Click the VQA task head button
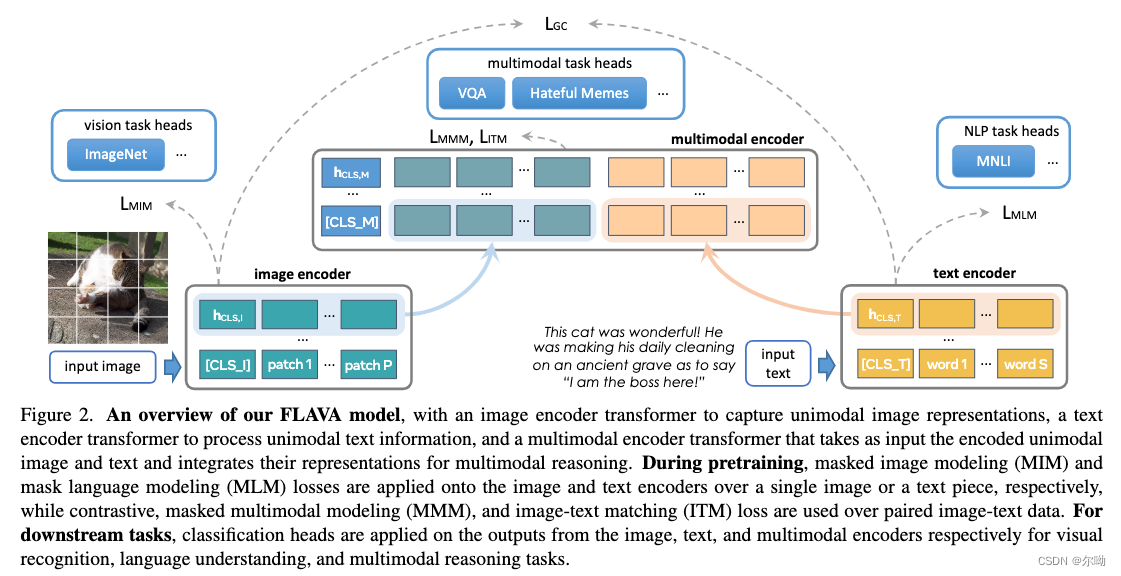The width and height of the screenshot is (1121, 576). coord(471,94)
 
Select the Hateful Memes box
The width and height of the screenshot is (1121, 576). coord(579,94)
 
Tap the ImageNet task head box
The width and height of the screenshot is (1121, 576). coord(115,154)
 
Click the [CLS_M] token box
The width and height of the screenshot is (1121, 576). coord(351,221)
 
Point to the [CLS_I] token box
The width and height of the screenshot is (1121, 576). coord(227,364)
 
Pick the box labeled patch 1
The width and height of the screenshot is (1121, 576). coord(289,364)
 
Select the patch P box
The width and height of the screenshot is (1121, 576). coord(368,364)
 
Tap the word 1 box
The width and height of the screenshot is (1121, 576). coord(946,364)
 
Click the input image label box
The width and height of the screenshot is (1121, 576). coord(102,366)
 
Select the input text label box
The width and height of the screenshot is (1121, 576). coord(777,364)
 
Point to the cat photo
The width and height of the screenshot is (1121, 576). coord(107,286)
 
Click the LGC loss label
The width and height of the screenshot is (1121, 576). coord(557,21)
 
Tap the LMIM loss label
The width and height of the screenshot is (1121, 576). coord(137,205)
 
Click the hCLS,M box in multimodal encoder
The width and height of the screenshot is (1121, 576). coord(351,173)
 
